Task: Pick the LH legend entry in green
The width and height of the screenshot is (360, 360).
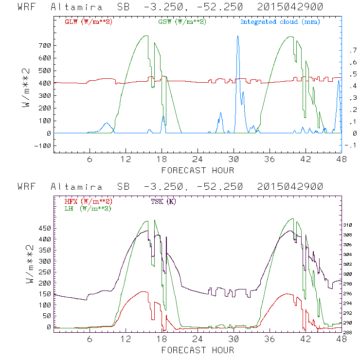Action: click(88, 208)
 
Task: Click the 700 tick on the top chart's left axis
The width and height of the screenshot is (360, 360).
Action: click(45, 46)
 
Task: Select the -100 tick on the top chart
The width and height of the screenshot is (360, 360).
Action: click(43, 145)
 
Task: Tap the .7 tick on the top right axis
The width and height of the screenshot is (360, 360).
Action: click(351, 51)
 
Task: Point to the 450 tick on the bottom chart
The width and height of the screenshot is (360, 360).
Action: click(45, 228)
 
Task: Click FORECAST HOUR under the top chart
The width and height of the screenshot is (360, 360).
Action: click(198, 170)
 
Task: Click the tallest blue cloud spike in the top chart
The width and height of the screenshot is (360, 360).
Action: click(237, 36)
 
